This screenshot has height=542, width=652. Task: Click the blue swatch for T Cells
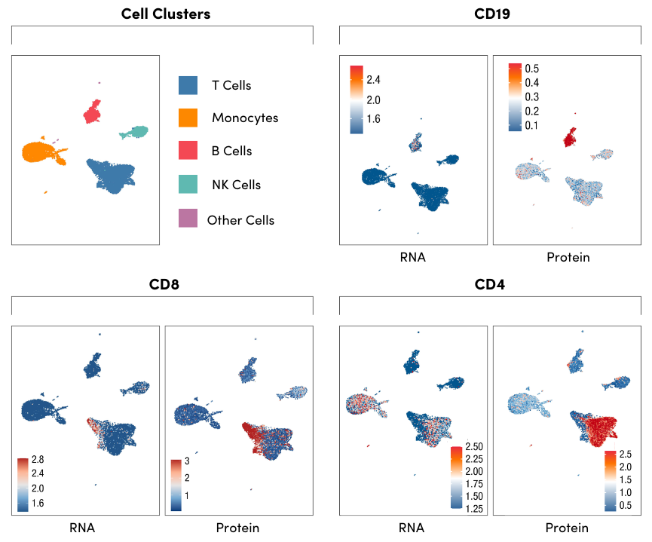[x=188, y=85]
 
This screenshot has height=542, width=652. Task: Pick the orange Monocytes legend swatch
[x=188, y=118]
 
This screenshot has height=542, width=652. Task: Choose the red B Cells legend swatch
[x=188, y=151]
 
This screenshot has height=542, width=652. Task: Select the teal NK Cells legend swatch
[x=188, y=184]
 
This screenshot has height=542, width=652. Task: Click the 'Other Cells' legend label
[x=240, y=220]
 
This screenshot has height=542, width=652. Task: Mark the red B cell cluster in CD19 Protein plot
[x=570, y=136]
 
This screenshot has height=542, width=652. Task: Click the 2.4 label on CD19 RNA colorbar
[x=373, y=80]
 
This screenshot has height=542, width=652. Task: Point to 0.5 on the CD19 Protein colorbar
[x=532, y=69]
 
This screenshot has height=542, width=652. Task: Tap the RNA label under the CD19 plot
[x=412, y=257]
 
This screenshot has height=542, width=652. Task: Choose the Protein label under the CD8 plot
[x=237, y=528]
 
